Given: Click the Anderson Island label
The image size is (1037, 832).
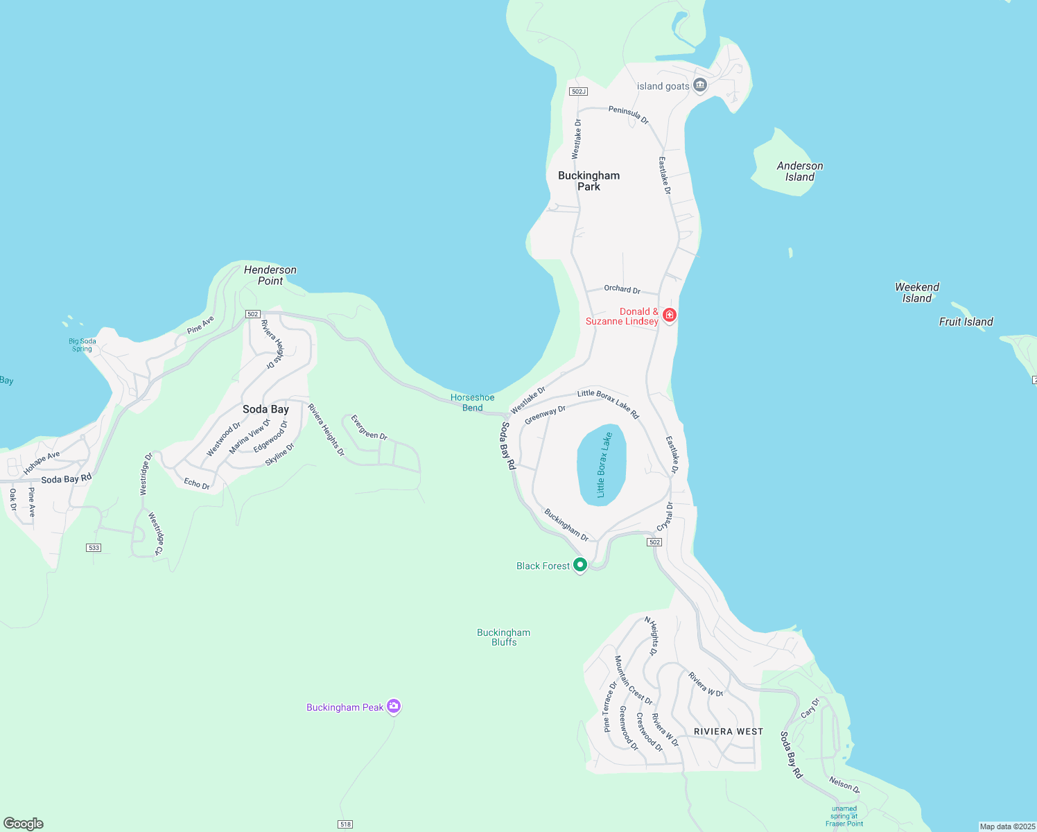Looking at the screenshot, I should pos(800,171).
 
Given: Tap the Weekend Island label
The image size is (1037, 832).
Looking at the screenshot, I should pos(917,293).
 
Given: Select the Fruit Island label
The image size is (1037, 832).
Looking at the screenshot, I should pos(966,322).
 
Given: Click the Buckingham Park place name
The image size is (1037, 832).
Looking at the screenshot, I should pos(589,181).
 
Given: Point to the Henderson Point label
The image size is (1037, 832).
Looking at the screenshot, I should pos(270,275).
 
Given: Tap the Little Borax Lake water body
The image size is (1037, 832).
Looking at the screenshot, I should pos(601,465).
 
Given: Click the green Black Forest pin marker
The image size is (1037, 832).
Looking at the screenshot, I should pos(581,565).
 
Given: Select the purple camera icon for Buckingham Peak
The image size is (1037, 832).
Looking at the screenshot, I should pos(394,707).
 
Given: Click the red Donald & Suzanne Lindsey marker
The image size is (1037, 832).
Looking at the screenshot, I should pos(669,315).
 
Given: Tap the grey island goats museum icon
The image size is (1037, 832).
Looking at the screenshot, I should pos(700,85).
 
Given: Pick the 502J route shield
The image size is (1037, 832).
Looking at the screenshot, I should pos(578,92).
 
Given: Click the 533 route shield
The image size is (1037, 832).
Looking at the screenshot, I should pos(94,548).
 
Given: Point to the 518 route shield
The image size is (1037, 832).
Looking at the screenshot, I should pos(345,824).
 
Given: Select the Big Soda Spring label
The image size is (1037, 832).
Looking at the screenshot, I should pos(82,345).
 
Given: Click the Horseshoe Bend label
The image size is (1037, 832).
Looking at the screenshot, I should pos(473,402).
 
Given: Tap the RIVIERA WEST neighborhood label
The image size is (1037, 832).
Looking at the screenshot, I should pos(729,731).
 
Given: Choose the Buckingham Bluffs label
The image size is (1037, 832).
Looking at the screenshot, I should pos(504,637).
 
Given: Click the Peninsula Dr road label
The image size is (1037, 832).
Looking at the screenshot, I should pos(629,114).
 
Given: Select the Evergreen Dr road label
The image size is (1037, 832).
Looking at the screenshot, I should pos(369,428).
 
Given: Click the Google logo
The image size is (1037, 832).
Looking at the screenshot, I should pos(24,824).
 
